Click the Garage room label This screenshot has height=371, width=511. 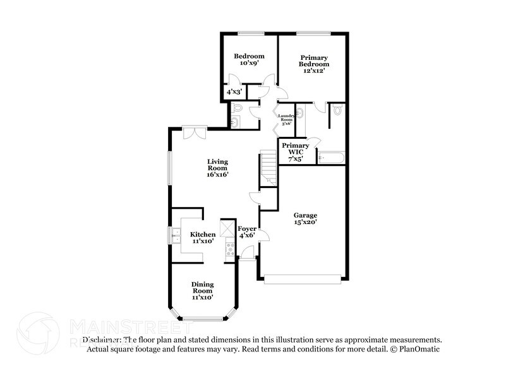pyautogui.click(x=305, y=218)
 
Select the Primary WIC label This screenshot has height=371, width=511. pyautogui.click(x=296, y=152)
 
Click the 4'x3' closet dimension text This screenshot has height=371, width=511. pyautogui.click(x=234, y=92)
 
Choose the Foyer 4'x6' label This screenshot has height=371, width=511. pyautogui.click(x=247, y=231)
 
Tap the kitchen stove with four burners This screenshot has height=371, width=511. pyautogui.click(x=228, y=251)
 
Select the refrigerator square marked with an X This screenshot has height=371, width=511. pyautogui.click(x=227, y=228)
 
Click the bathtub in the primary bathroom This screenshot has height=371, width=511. pyautogui.click(x=331, y=157)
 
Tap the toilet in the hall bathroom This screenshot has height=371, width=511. pyautogui.click(x=236, y=109)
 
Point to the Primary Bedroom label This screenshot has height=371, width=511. pyautogui.click(x=314, y=64)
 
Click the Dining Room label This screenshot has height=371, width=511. pyautogui.click(x=203, y=290)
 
